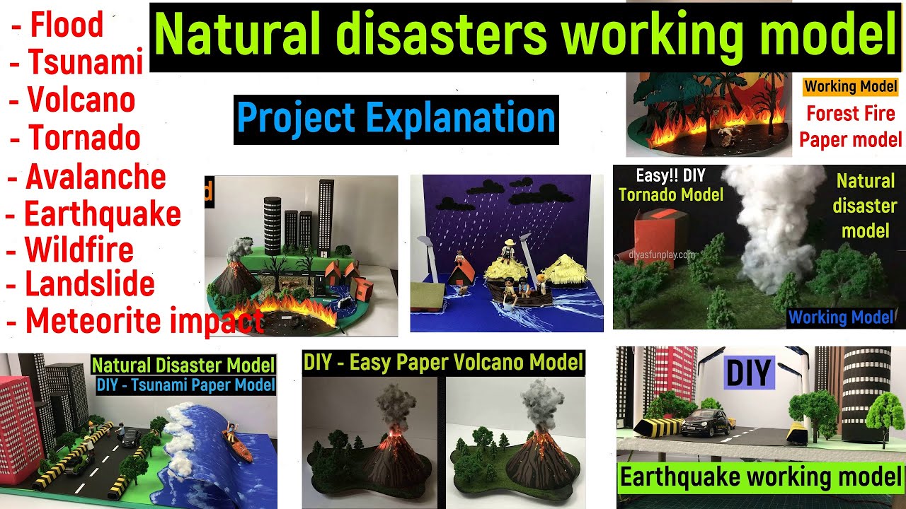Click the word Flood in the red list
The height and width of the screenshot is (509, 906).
67,25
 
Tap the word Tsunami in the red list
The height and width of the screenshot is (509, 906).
86,62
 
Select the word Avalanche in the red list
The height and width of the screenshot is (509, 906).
96,176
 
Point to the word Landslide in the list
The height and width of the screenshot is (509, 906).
90,284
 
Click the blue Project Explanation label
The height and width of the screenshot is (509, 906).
396,119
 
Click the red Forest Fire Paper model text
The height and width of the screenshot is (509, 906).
850,126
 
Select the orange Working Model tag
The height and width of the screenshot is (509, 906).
850,88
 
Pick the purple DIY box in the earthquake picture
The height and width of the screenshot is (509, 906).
749,373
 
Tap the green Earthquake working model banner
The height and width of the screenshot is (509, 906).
761,477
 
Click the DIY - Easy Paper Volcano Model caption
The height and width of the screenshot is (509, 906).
443,363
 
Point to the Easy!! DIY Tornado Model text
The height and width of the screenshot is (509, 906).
670,185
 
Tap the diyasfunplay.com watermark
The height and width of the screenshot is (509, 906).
665,255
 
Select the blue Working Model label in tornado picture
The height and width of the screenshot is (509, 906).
841,317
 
